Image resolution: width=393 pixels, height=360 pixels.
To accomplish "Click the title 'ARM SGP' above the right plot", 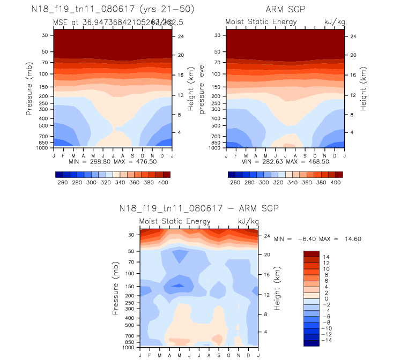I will pos(285,10).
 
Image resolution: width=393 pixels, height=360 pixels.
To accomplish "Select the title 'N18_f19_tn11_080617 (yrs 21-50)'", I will pos(113,10).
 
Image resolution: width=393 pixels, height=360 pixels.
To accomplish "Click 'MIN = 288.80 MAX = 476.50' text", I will pos(113,161).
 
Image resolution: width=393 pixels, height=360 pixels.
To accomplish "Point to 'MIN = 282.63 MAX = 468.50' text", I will pos(285,161).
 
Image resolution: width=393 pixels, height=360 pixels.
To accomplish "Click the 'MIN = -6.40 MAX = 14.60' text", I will pos(316,238).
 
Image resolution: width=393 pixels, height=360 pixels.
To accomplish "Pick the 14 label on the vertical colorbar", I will pos(328,257).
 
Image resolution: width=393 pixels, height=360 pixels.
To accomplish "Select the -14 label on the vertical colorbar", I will pos(326,340).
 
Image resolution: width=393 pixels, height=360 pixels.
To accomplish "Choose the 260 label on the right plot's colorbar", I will pos(235,183).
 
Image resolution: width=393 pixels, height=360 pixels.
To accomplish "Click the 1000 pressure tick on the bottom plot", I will pos(128,348).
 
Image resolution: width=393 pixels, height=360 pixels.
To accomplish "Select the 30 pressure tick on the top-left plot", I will pos(45,35).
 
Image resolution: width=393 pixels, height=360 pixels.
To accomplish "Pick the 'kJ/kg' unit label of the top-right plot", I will pos(334,21).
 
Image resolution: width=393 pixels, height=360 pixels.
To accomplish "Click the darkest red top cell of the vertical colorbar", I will pos(311,254).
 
